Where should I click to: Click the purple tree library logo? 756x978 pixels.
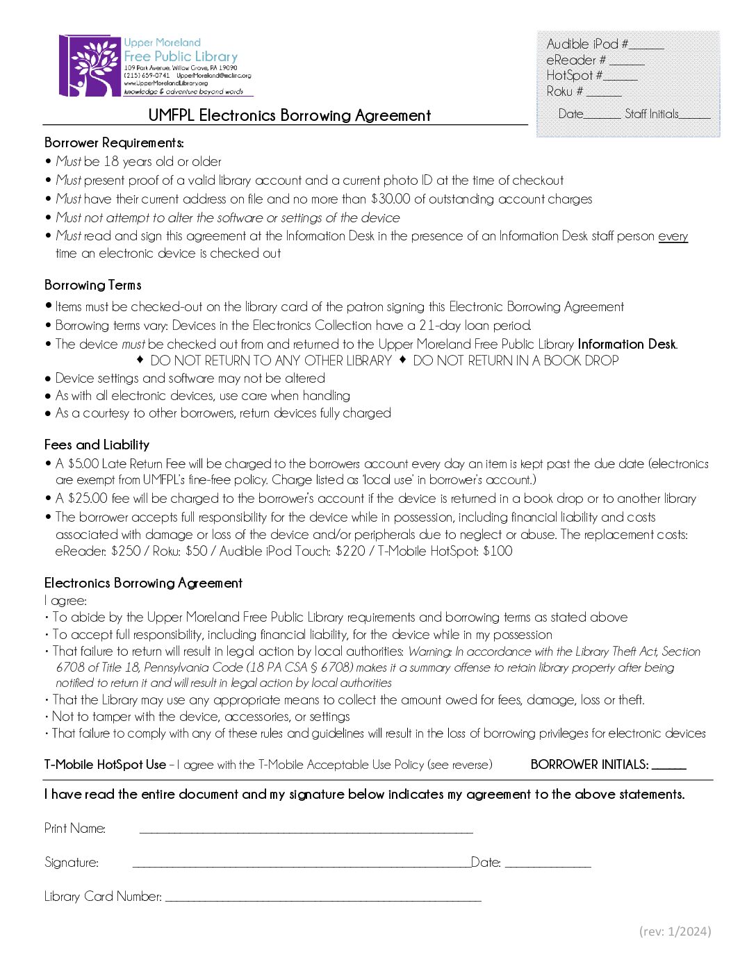pyautogui.click(x=90, y=66)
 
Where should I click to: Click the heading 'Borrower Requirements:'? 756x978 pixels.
pyautogui.click(x=114, y=143)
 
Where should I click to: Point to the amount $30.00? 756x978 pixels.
pyautogui.click(x=391, y=199)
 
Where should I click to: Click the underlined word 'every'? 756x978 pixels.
pyautogui.click(x=673, y=236)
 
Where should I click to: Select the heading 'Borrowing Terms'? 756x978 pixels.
pyautogui.click(x=93, y=285)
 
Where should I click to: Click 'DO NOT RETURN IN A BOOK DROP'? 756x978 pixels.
pyautogui.click(x=516, y=361)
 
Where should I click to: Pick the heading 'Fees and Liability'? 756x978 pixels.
pyautogui.click(x=97, y=445)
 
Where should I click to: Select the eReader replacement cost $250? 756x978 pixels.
pyautogui.click(x=126, y=552)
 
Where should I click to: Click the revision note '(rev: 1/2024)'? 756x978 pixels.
pyautogui.click(x=675, y=932)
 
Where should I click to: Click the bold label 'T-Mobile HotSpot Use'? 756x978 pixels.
pyautogui.click(x=105, y=765)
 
